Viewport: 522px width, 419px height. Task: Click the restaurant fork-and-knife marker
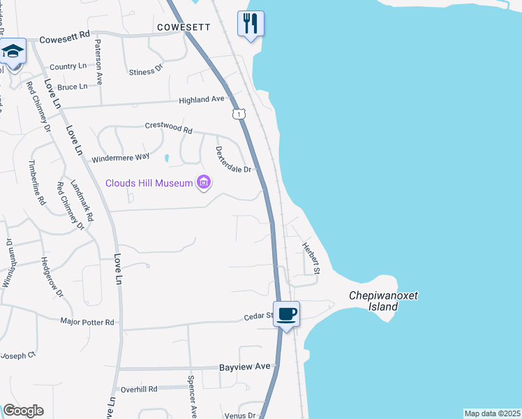coord(251,23)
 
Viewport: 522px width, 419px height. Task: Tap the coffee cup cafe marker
coord(286,314)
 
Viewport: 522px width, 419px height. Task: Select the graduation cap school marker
coord(13,51)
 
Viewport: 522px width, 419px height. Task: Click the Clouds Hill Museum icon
coord(204,183)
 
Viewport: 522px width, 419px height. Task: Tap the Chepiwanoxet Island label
coord(383,301)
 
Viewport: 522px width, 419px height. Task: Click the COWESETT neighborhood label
coord(184,27)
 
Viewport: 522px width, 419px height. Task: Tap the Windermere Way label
coord(121,158)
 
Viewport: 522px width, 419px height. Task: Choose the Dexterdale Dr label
coord(233,160)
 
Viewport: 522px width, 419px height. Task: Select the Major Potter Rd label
coord(87,322)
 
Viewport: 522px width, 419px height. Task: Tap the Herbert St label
coord(311,257)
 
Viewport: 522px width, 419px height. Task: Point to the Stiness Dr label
coord(146,71)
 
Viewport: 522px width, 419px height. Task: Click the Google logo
coord(23,411)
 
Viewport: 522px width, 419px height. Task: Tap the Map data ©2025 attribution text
coord(492,413)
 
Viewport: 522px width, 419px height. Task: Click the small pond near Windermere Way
coord(166,159)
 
